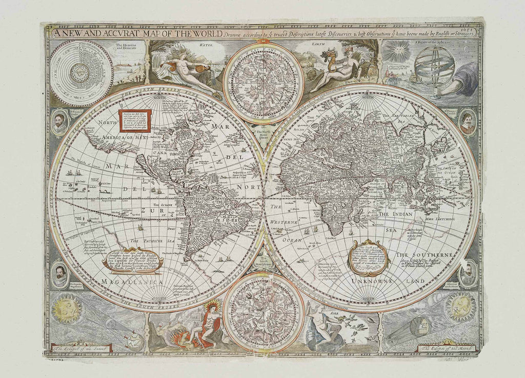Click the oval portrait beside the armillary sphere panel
[467, 122]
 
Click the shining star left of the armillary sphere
[398, 52]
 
